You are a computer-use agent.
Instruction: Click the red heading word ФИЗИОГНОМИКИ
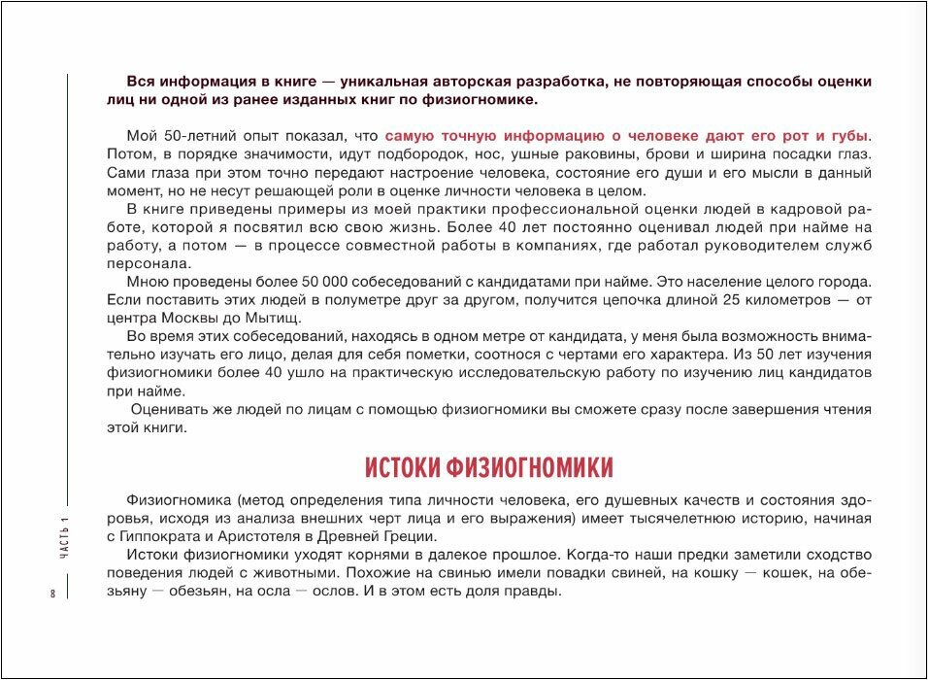pyautogui.click(x=530, y=468)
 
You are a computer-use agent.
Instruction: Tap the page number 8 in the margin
pyautogui.click(x=52, y=593)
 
